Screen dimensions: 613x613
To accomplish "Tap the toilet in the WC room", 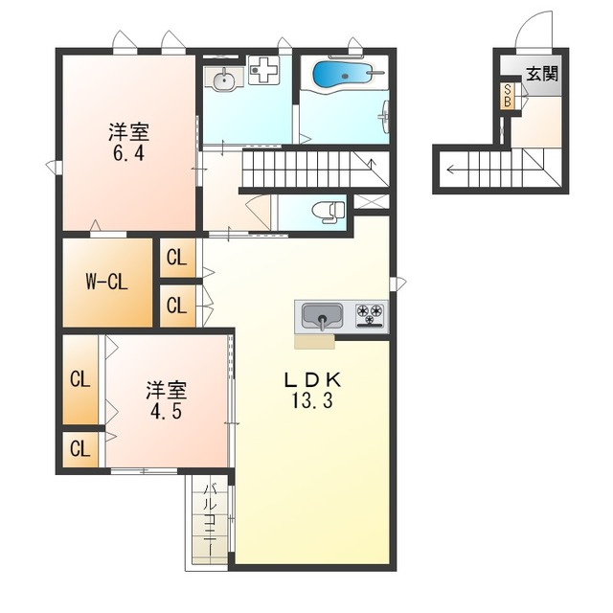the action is click(x=329, y=212).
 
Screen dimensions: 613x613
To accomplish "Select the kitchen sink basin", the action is click(x=323, y=317).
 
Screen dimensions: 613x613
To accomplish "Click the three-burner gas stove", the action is click(x=371, y=315).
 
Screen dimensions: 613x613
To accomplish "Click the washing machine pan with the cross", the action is click(x=264, y=70).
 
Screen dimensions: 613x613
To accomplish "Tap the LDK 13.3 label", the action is click(x=312, y=390).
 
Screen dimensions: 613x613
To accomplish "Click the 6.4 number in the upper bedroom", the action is click(x=128, y=153).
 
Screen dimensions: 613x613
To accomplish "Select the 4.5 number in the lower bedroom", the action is click(x=166, y=411).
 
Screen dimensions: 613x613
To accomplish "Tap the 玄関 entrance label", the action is click(x=542, y=73).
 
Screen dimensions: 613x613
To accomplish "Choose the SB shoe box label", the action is click(x=508, y=96).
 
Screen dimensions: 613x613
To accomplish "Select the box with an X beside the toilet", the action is click(x=371, y=202).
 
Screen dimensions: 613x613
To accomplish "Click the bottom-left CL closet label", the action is click(x=80, y=449).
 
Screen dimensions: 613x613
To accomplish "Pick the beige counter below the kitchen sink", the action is click(x=315, y=341).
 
